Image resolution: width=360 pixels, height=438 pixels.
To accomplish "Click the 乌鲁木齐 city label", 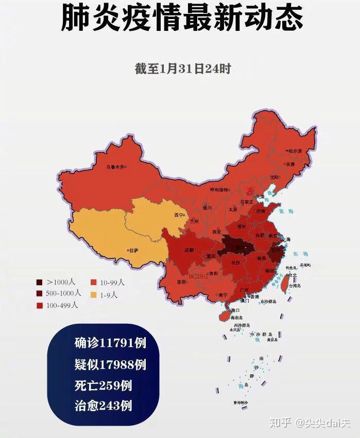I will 115,167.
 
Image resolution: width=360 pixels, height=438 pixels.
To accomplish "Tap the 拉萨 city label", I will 134,251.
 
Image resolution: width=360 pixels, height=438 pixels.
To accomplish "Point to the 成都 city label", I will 189,250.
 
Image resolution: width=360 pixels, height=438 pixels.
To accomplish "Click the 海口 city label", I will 235,310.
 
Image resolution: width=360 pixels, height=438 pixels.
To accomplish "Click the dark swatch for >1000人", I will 40,282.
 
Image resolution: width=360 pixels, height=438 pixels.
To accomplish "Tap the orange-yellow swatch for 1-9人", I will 94,295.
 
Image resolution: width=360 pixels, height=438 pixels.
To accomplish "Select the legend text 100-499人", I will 62,305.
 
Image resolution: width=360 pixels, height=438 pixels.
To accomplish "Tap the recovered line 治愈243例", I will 102,406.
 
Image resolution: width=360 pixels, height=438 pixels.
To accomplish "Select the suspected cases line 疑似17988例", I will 109,364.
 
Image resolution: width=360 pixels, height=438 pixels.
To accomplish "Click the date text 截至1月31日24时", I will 182,69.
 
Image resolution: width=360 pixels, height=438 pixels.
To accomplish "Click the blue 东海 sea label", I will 295,254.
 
